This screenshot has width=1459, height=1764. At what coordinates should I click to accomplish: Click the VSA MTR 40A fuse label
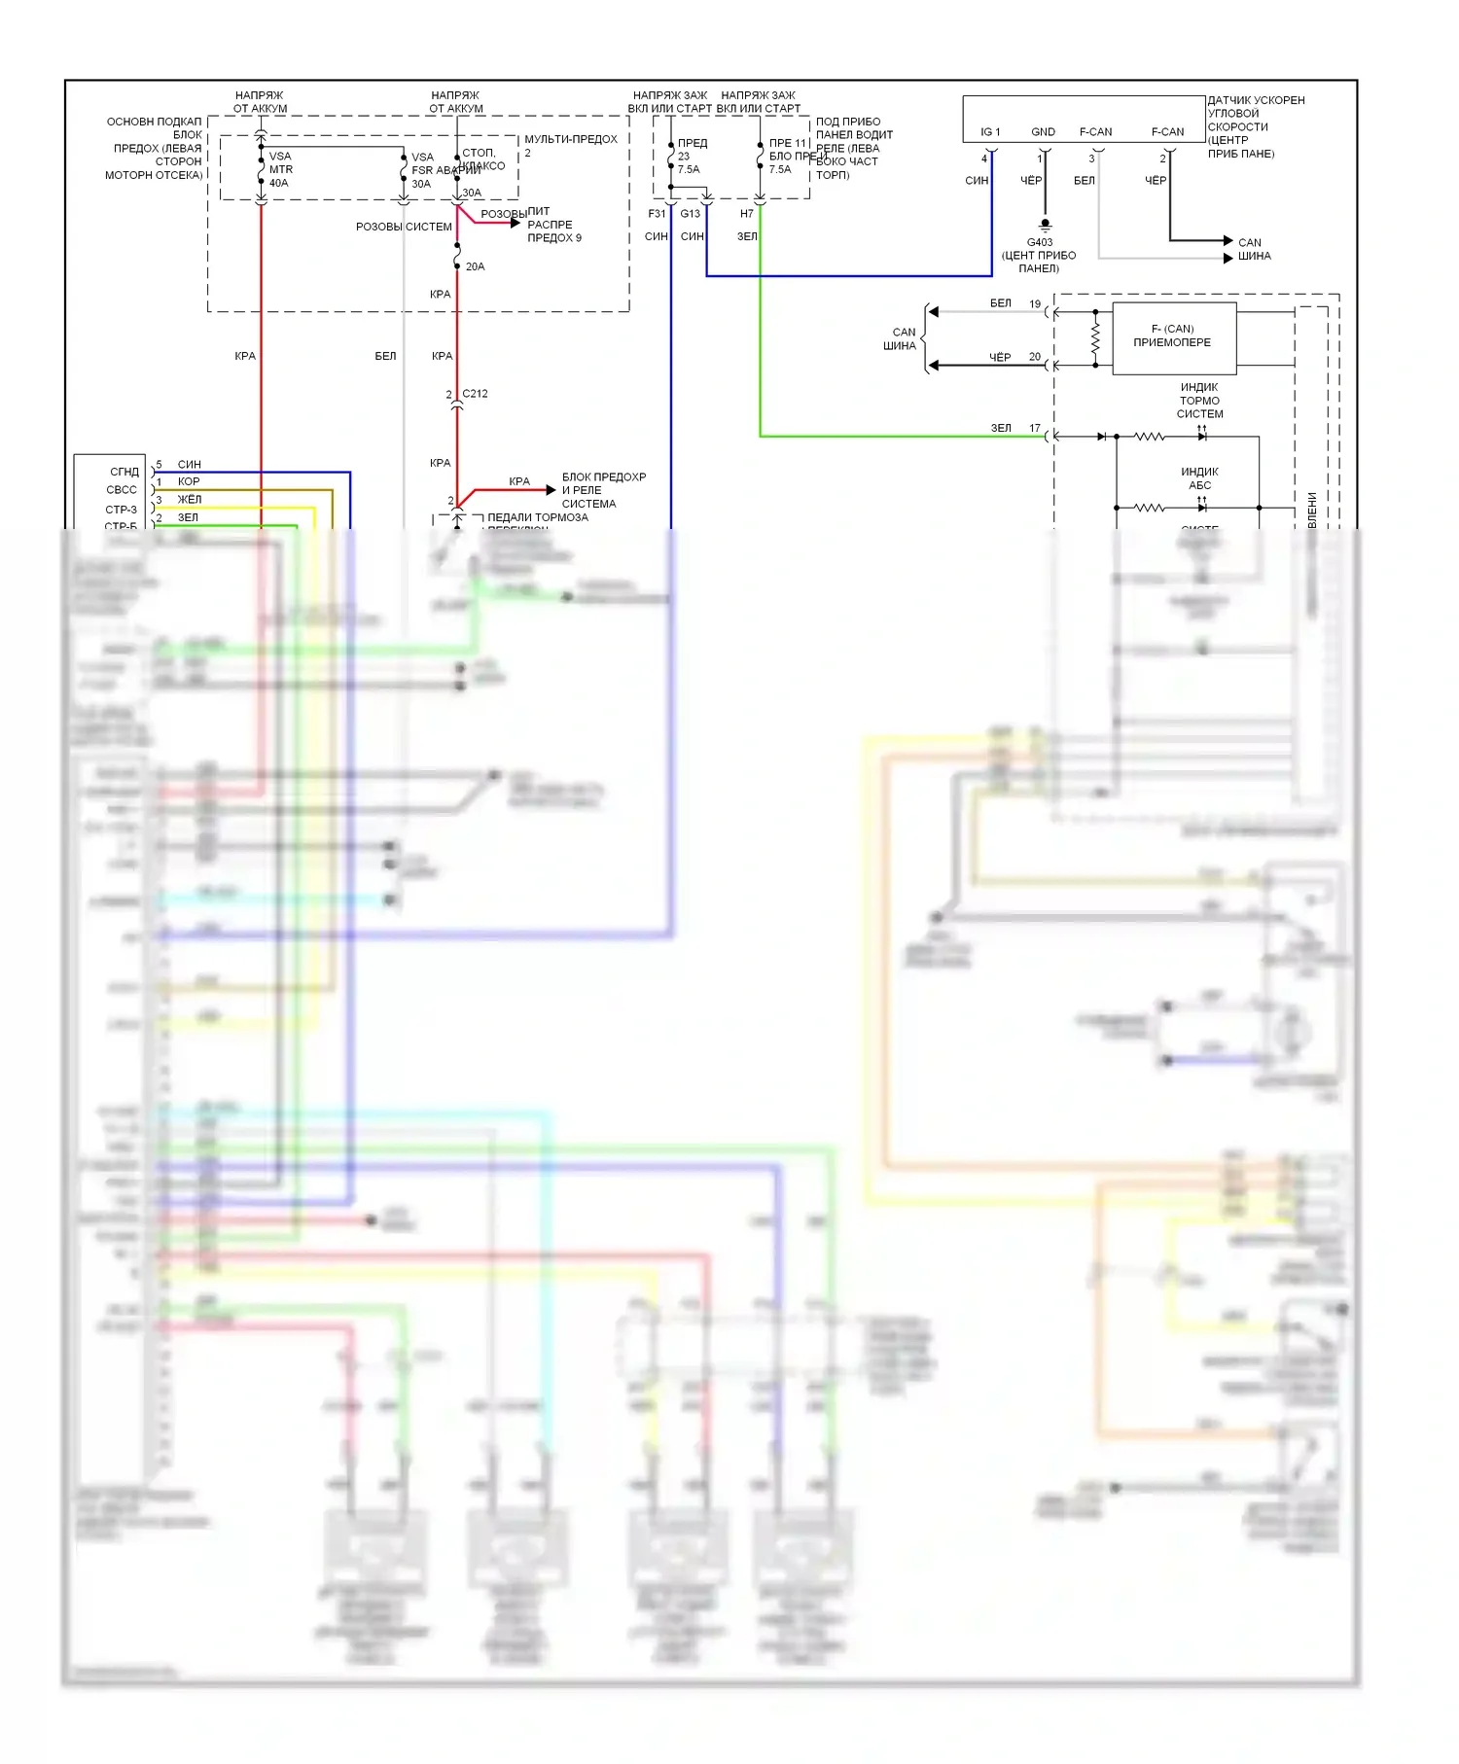(280, 169)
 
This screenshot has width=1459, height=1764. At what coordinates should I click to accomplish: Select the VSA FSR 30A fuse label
(422, 170)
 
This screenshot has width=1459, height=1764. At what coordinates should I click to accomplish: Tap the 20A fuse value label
(475, 266)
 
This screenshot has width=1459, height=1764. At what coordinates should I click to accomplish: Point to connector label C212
(475, 394)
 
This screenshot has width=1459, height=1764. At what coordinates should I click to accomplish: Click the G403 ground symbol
(1046, 225)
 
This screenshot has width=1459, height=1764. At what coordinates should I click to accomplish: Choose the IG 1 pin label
(990, 132)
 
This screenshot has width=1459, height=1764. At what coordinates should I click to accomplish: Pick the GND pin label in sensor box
(1043, 132)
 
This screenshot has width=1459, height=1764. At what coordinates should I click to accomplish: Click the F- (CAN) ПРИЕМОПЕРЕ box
(1173, 337)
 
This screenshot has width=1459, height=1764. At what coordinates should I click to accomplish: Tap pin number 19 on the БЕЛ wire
(1035, 304)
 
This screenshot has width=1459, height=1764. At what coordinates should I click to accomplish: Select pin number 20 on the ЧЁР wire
(1035, 357)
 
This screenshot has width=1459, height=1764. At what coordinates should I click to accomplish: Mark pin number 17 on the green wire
(1035, 428)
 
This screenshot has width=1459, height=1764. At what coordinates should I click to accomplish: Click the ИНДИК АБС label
(1199, 478)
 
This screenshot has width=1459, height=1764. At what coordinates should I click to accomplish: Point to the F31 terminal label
(657, 214)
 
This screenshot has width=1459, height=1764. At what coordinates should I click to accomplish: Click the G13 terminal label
(690, 214)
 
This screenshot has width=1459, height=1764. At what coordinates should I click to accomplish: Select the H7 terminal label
(746, 214)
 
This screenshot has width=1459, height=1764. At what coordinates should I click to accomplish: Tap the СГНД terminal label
(125, 472)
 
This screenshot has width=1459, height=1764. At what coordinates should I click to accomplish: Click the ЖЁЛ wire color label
(190, 499)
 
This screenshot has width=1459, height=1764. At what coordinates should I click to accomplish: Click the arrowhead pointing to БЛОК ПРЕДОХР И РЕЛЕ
(551, 490)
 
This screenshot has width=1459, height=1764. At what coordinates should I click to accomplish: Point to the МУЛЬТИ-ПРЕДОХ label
(571, 139)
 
